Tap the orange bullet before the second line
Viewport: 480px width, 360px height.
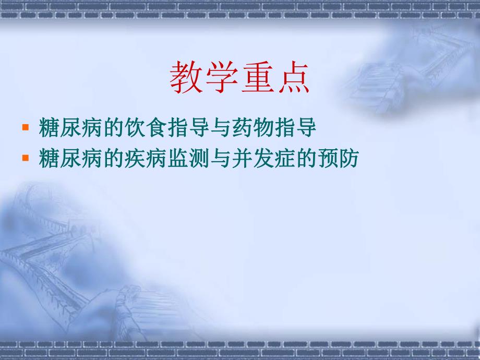point(25,157)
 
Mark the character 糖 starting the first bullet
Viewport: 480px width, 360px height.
point(49,128)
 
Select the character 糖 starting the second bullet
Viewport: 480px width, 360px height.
point(49,159)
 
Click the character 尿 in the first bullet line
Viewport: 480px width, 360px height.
point(68,128)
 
